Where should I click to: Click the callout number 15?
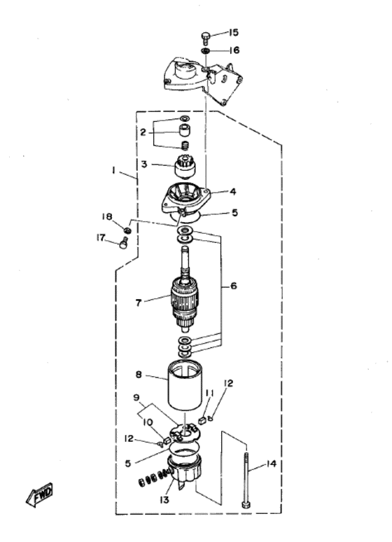(234, 32)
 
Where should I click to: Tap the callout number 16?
(234, 50)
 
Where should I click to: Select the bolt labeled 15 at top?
(206, 37)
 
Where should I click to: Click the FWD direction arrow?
(39, 494)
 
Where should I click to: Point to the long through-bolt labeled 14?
(246, 480)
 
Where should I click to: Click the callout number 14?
(272, 464)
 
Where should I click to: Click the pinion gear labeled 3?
(184, 165)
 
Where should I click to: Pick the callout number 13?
(164, 500)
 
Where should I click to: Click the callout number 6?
(234, 286)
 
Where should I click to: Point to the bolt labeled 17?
(124, 243)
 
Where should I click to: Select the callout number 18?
(107, 217)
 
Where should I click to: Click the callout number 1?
(113, 170)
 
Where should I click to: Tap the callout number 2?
(143, 132)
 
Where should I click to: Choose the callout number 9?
(137, 398)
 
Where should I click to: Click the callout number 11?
(210, 393)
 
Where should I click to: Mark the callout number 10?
(147, 422)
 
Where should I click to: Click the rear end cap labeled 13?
(184, 472)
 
